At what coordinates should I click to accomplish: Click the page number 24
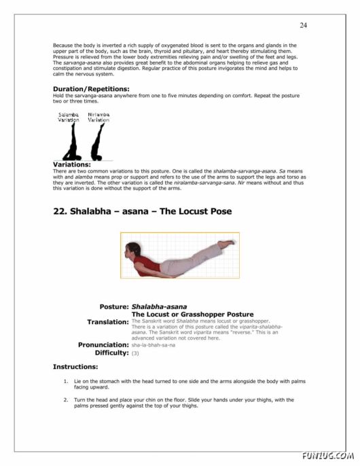(303, 25)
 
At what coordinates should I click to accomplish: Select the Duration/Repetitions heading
(90, 89)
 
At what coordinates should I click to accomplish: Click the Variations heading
(71, 164)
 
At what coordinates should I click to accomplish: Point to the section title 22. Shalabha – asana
(142, 211)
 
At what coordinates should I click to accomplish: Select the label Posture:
(114, 307)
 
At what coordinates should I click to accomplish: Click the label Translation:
(108, 322)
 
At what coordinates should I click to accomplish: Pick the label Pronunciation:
(103, 344)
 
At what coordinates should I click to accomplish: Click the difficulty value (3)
(135, 353)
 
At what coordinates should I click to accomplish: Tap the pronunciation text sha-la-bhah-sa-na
(153, 345)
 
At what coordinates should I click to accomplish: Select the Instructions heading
(75, 367)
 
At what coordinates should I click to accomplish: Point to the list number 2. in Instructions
(65, 399)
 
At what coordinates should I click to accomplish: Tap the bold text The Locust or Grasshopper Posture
(192, 315)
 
